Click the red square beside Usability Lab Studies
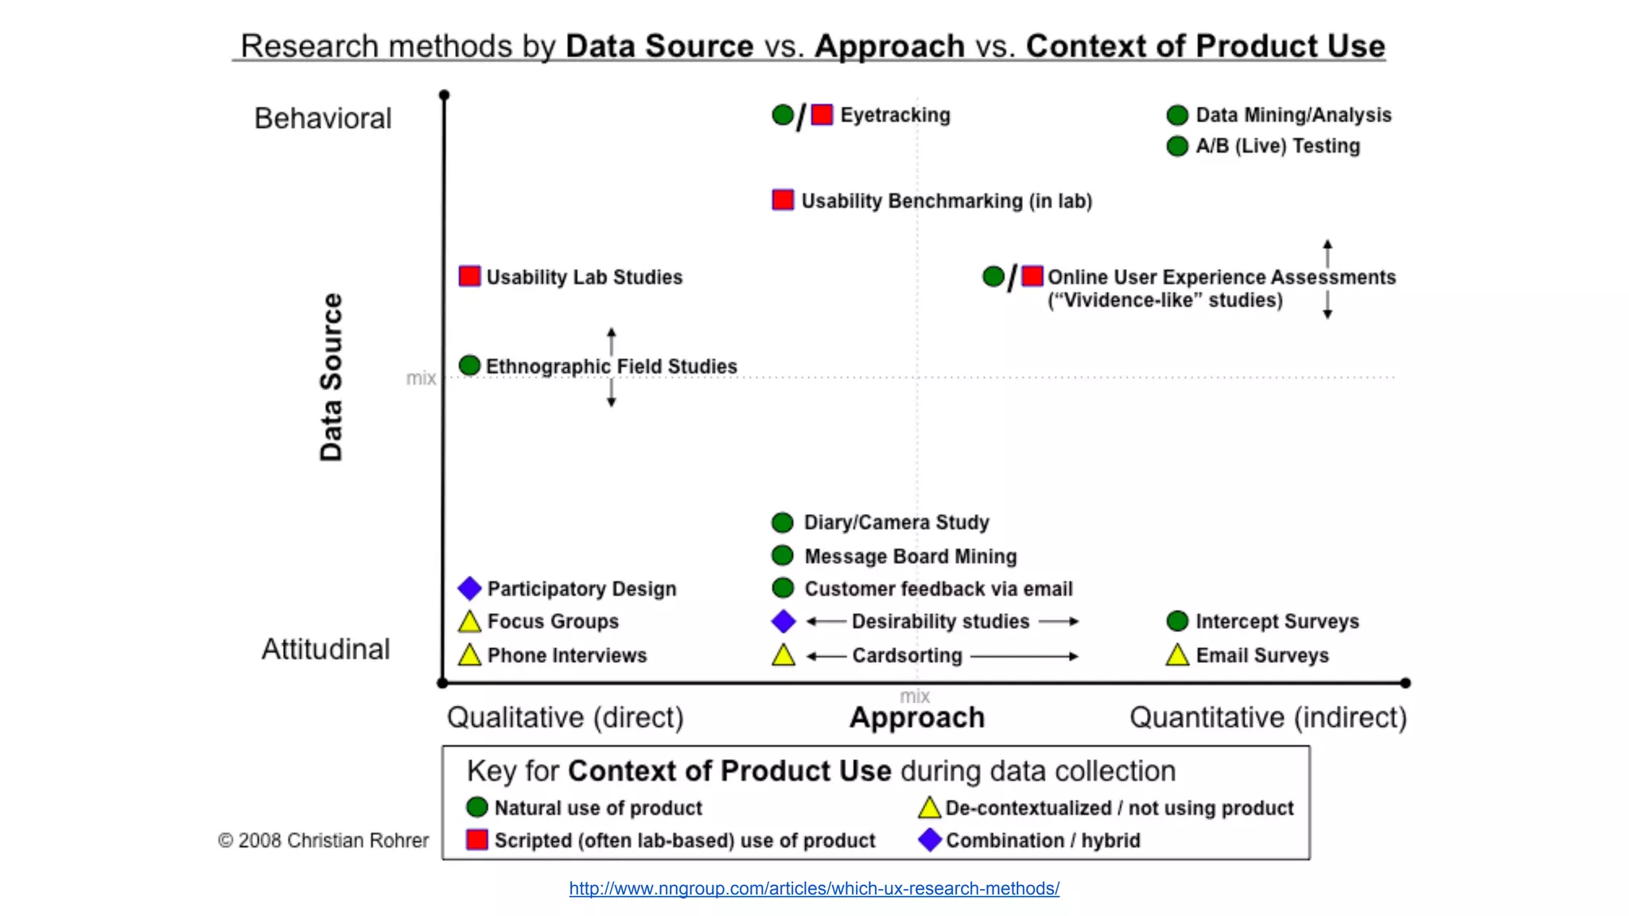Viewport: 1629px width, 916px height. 469,276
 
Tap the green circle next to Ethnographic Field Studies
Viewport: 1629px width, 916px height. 469,365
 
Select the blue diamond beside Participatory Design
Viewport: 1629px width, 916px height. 469,588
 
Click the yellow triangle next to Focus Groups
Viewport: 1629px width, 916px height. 469,622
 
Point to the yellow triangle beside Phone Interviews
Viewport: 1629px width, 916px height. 469,655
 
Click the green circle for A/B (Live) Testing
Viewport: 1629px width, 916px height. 1177,146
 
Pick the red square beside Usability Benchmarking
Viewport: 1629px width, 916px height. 783,200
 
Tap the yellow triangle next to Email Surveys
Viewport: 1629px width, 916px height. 1177,655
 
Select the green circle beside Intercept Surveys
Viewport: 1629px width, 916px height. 1177,621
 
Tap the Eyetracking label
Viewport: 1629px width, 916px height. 895,115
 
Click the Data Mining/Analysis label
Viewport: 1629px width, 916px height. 1293,115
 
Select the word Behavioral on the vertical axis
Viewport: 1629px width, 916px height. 323,118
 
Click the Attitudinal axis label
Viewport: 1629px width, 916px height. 325,650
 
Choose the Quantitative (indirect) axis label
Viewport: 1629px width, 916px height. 1268,717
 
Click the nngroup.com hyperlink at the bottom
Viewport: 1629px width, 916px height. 814,888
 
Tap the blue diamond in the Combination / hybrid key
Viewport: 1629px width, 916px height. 929,840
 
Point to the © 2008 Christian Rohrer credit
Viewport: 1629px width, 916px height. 323,840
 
